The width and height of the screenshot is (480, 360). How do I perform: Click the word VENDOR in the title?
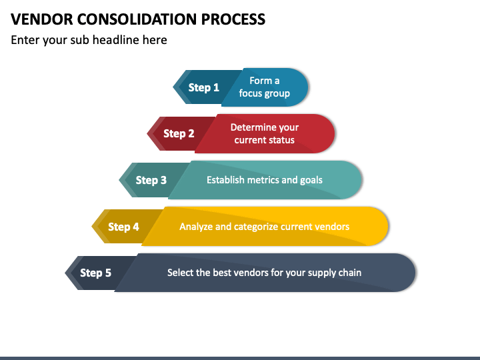42,19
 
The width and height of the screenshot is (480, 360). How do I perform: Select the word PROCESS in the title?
233,19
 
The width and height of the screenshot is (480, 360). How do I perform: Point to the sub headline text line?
89,40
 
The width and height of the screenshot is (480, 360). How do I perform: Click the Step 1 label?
203,87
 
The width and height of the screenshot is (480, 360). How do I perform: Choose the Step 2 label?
179,133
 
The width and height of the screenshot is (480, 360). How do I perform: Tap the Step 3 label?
151,180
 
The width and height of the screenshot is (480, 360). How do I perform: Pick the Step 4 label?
123,227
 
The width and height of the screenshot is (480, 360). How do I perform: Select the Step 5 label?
95,273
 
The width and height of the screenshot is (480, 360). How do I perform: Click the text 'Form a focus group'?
265,87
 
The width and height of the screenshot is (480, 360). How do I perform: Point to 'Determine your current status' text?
265,133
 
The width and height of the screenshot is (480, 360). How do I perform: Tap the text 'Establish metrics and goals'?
265,180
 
